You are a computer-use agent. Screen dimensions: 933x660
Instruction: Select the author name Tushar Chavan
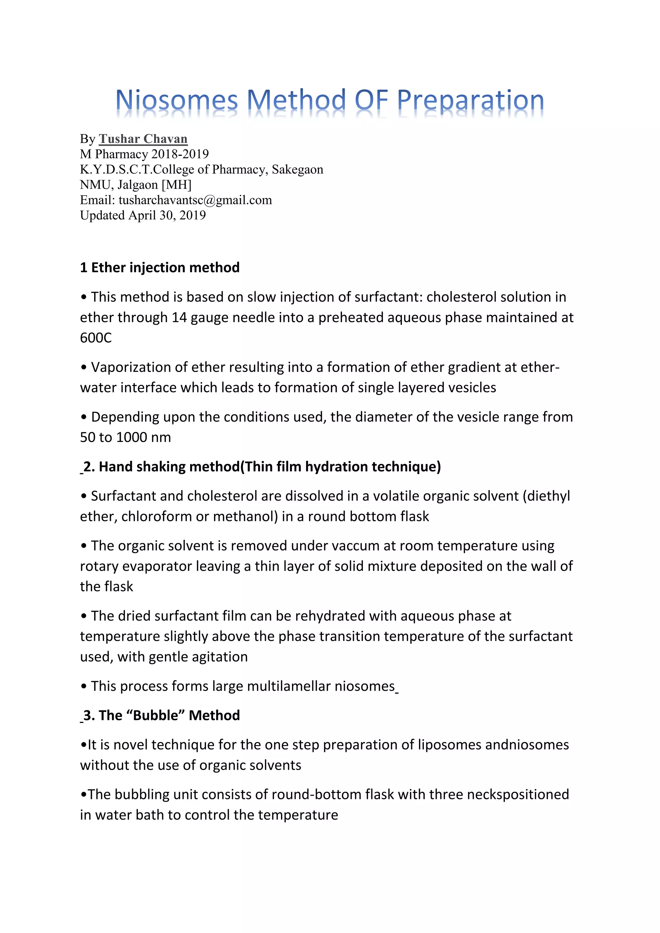143,139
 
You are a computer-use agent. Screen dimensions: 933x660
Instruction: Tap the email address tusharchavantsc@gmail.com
195,200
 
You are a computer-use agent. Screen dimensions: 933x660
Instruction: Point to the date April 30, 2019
167,216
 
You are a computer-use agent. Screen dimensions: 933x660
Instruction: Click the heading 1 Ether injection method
160,267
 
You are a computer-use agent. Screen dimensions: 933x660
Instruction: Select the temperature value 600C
96,338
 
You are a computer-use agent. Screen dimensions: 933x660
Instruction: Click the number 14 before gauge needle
179,317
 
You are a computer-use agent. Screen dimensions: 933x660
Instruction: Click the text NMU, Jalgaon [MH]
135,185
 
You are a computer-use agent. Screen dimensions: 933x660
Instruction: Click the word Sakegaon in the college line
297,169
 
